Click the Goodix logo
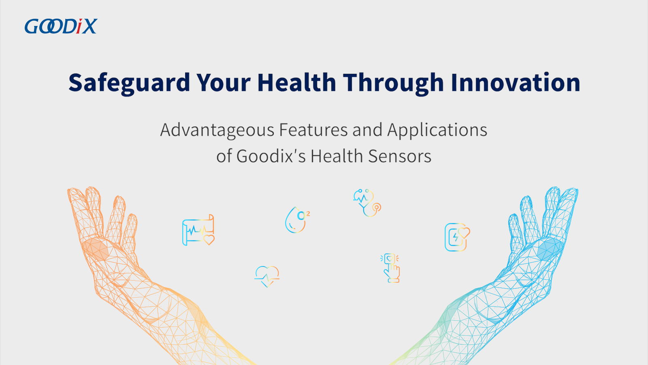[61, 26]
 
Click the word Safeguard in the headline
[129, 83]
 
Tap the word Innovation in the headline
[515, 82]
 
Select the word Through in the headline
[393, 83]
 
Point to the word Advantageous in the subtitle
[217, 130]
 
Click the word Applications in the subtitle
[437, 130]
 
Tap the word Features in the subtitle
[313, 130]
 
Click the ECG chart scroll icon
[198, 230]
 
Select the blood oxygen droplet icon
[297, 220]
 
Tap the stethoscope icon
[367, 203]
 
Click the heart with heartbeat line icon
[267, 276]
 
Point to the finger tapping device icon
[390, 268]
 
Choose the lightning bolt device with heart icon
[457, 237]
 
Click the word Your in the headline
[223, 82]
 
